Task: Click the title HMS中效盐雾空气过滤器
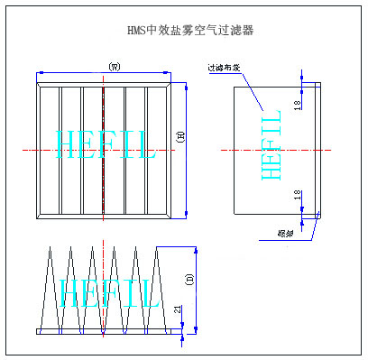point(189,30)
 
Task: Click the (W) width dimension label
point(114,66)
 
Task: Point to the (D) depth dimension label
point(189,279)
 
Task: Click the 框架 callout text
point(286,233)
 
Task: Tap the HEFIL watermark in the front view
point(106,144)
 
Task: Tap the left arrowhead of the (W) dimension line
point(40,73)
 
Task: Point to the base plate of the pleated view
point(106,331)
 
